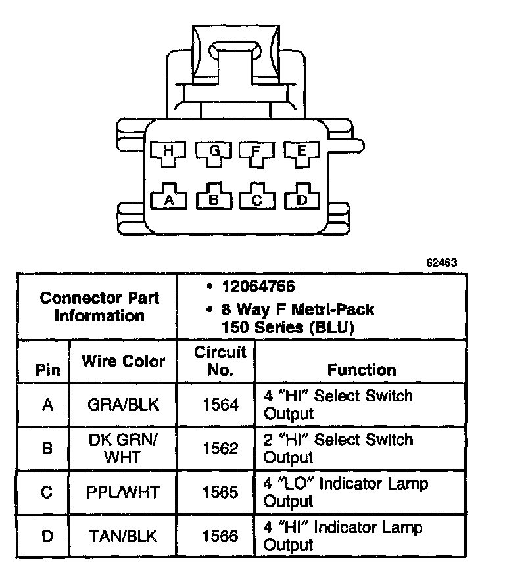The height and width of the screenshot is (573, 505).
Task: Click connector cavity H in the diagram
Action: pos(169,152)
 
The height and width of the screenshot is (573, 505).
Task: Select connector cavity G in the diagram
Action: pos(214,152)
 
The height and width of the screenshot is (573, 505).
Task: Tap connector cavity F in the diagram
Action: pos(258,152)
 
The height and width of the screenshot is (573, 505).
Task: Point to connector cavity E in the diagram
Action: pos(302,152)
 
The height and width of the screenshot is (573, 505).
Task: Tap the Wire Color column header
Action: pos(124,361)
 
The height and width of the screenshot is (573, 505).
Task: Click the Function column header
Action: pos(362,369)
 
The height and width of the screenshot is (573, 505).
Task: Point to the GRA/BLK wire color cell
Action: pos(124,405)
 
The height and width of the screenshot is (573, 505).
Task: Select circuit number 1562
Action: pos(220,448)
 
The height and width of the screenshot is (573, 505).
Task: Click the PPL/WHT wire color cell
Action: pos(124,492)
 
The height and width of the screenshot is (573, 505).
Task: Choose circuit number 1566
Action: pos(220,536)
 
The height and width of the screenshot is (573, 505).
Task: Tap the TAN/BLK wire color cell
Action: pos(124,536)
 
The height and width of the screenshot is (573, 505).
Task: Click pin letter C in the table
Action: pos(47,492)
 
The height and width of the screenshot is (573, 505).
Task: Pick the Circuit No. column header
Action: pos(220,361)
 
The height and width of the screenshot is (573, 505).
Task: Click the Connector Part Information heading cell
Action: pos(99,306)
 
